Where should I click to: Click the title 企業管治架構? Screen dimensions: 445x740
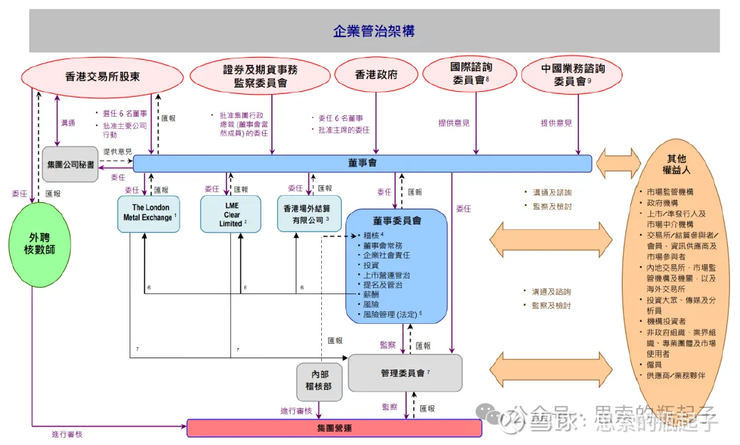click(374, 31)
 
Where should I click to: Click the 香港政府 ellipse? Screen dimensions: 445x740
click(376, 75)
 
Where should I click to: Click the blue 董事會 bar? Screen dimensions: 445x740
click(363, 163)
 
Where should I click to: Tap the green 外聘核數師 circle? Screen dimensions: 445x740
click(41, 245)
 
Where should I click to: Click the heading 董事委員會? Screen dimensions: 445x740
click(397, 221)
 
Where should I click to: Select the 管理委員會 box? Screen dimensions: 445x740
click(405, 372)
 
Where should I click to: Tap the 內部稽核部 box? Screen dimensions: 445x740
click(318, 379)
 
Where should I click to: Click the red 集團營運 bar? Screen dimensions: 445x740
click(334, 428)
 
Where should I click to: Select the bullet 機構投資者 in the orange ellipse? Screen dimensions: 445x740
click(667, 321)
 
